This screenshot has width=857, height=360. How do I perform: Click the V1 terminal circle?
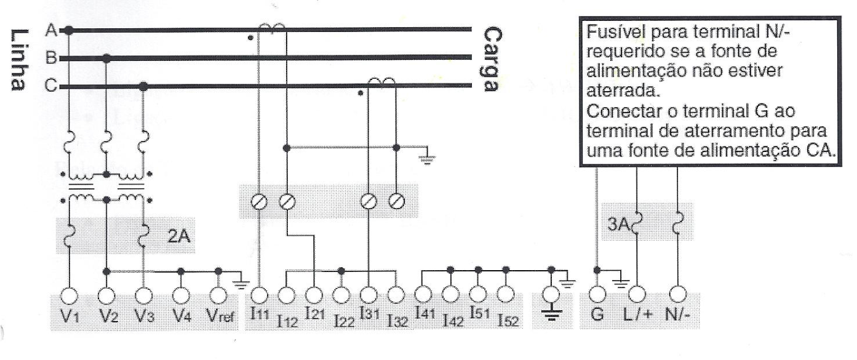pos(70,296)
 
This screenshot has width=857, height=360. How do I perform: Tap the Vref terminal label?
pos(220,316)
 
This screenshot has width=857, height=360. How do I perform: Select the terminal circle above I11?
pos(259,295)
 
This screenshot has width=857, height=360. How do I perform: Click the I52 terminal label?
pos(508,321)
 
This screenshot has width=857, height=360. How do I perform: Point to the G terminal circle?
pos(597,294)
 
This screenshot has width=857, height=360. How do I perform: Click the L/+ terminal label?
pos(637,314)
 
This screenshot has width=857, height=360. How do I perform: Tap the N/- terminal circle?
pos(677,294)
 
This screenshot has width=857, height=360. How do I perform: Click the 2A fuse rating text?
pos(178,236)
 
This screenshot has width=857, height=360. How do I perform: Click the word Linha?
pos(19,60)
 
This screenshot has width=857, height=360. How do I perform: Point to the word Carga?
pos(492,59)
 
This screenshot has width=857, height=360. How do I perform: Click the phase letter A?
pos(51,30)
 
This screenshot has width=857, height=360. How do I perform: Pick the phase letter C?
pos(51,85)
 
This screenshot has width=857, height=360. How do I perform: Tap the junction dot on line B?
pos(107,58)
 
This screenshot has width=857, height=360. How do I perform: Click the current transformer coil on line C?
pos(381,81)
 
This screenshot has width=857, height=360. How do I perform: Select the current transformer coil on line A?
pos(272,27)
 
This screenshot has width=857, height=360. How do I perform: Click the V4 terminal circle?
pos(181,295)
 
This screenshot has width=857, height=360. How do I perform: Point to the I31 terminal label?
pos(370,314)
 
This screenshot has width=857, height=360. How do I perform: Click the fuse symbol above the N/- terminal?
pos(677,223)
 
